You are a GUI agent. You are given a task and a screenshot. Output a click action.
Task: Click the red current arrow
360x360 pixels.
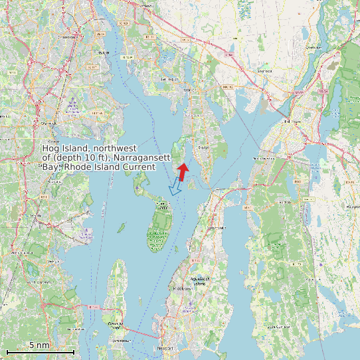click(182, 171)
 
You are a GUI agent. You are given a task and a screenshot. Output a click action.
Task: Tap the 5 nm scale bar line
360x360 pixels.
click(40, 351)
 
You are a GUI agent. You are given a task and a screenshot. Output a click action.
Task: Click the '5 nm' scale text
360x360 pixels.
click(39, 345)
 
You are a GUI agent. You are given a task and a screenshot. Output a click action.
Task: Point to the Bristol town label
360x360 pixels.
click(204, 147)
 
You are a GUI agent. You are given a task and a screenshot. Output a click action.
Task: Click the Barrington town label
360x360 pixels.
click(169, 79)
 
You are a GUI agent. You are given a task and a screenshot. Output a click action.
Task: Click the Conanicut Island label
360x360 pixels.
click(117, 323)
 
